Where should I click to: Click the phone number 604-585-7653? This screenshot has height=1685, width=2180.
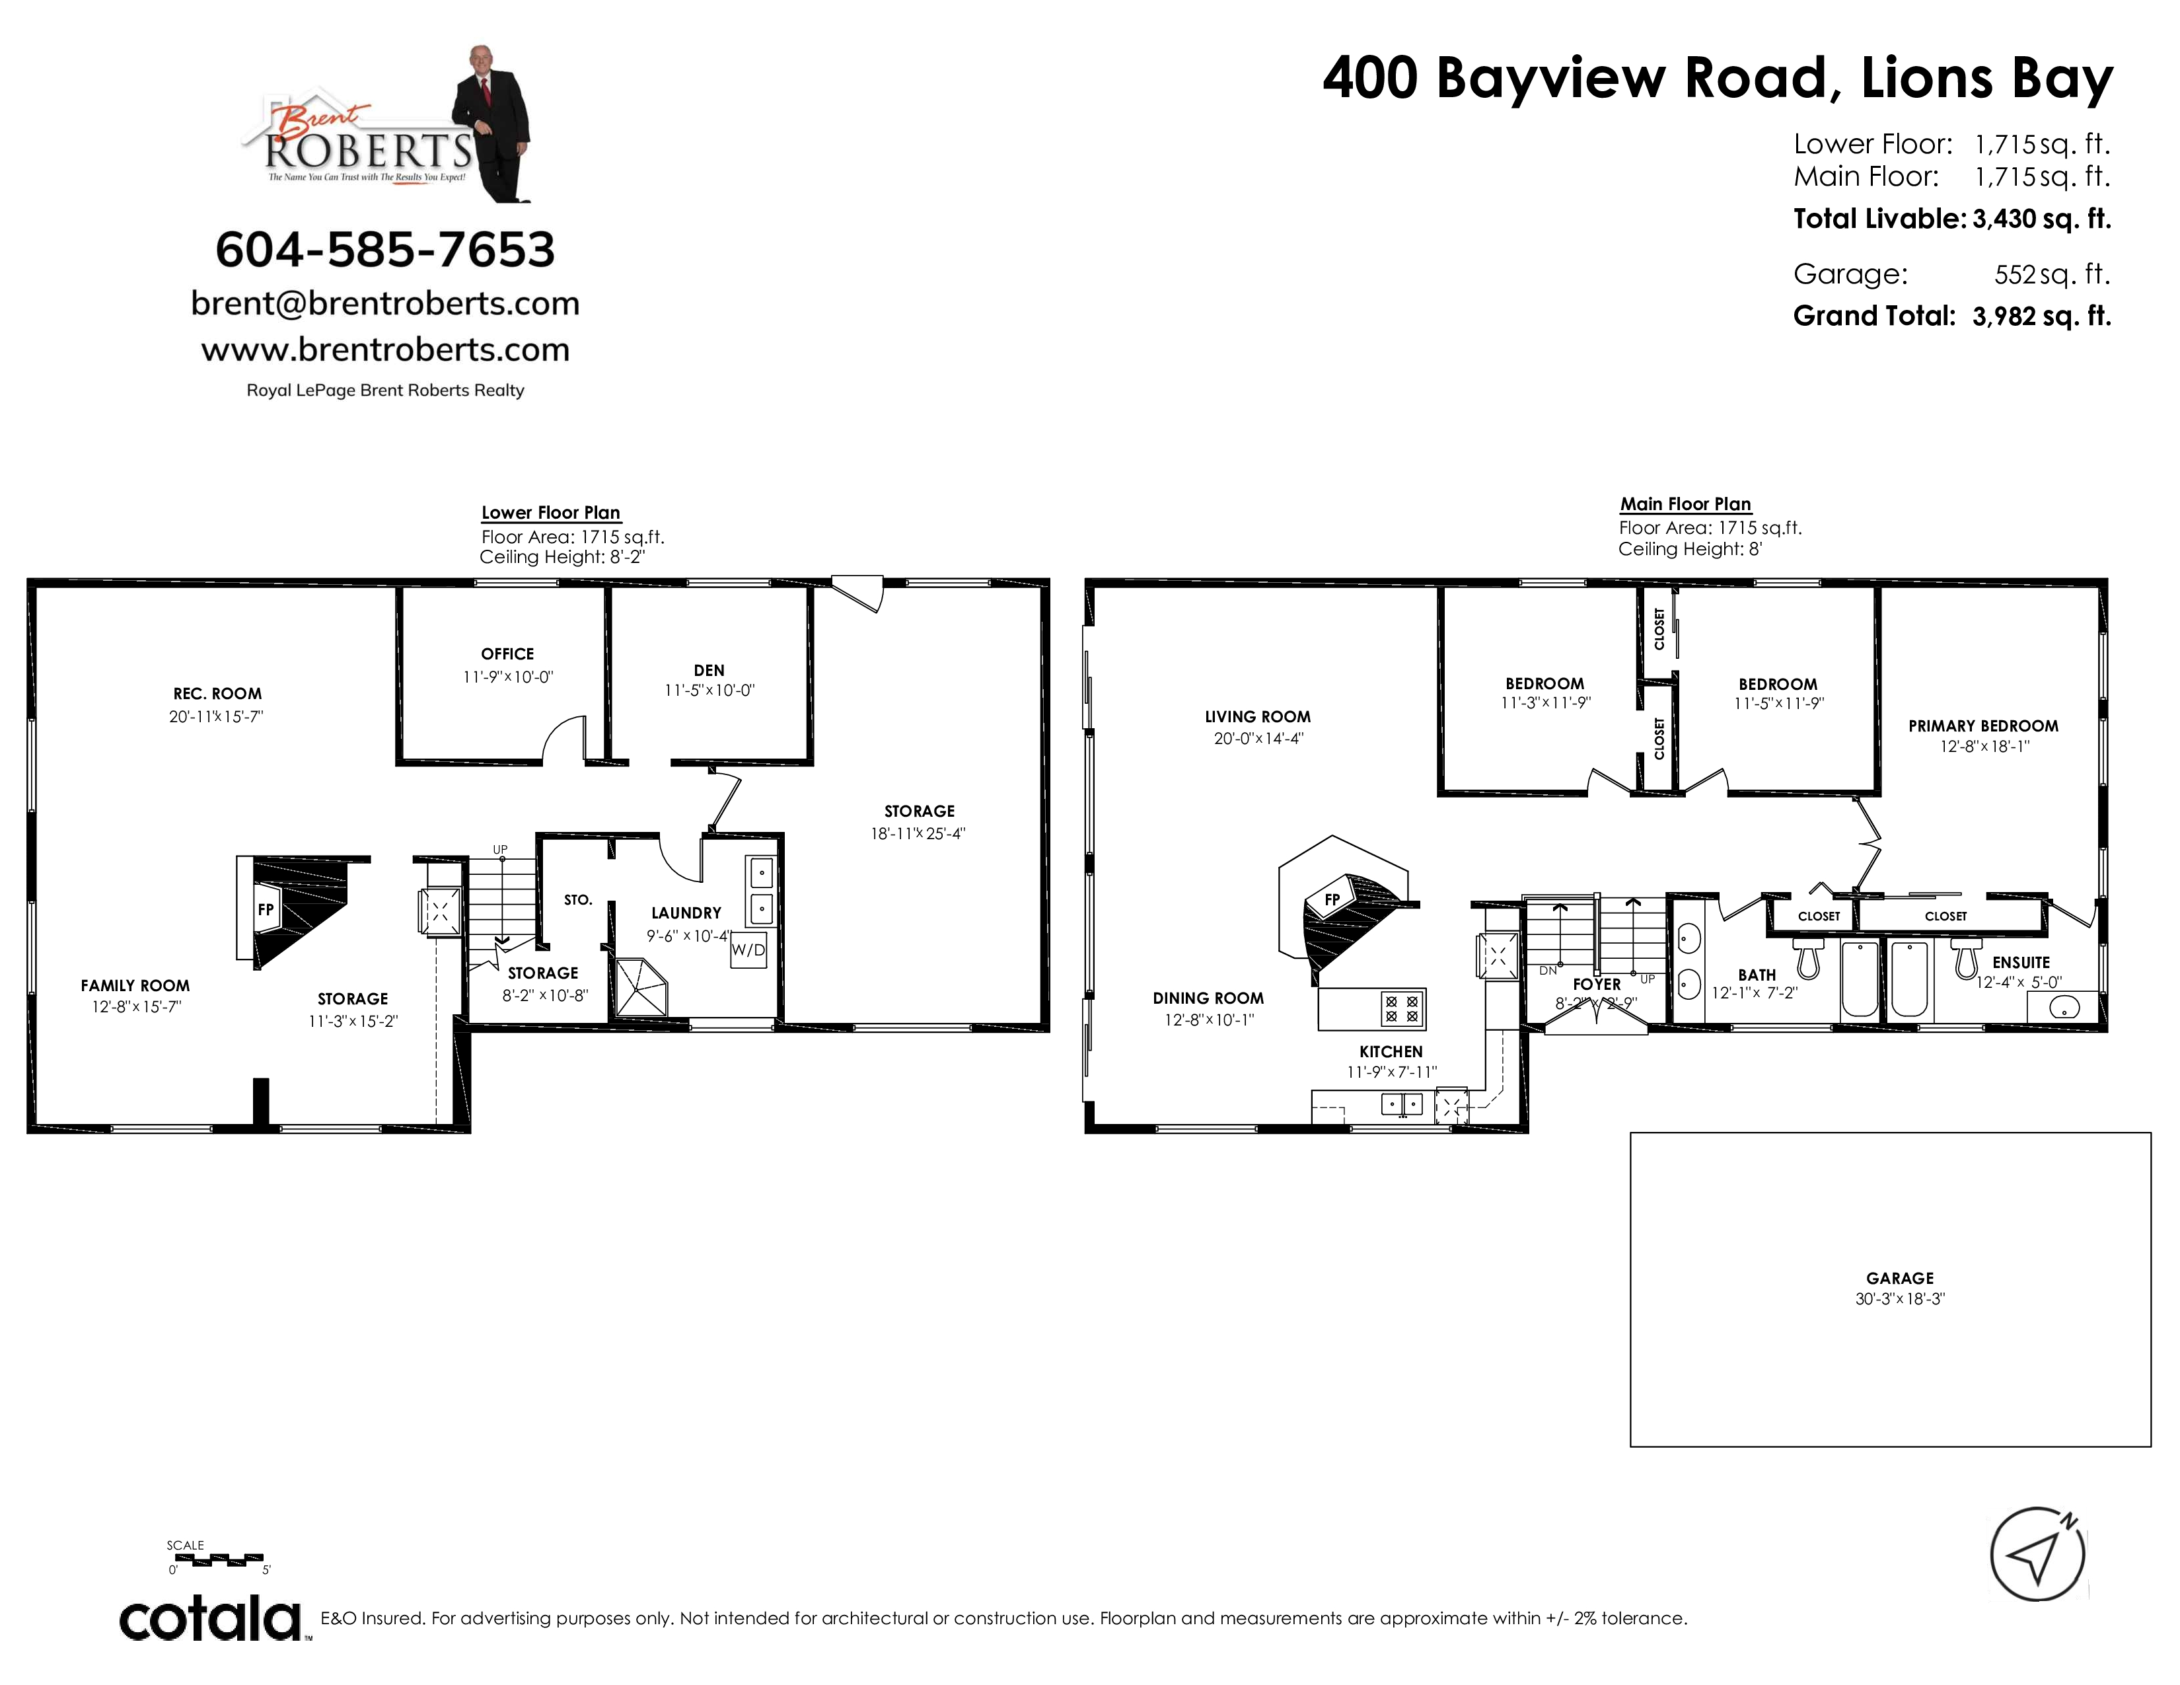[x=385, y=250]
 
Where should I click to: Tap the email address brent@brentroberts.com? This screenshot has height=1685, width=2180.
[x=385, y=303]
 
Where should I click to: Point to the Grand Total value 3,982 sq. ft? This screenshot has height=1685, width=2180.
[x=2041, y=317]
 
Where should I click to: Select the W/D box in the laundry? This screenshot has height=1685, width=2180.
[x=748, y=950]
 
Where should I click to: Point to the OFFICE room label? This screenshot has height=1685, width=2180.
[x=507, y=654]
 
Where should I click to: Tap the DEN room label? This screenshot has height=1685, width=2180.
[x=709, y=671]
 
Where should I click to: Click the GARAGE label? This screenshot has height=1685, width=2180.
[x=1899, y=1278]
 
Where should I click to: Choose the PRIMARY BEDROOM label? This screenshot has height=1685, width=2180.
[x=1983, y=726]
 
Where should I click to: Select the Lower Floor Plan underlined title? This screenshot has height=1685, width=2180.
[x=551, y=512]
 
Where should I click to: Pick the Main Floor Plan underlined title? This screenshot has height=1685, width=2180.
[x=1685, y=504]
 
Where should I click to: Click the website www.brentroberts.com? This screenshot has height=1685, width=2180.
[x=385, y=350]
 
